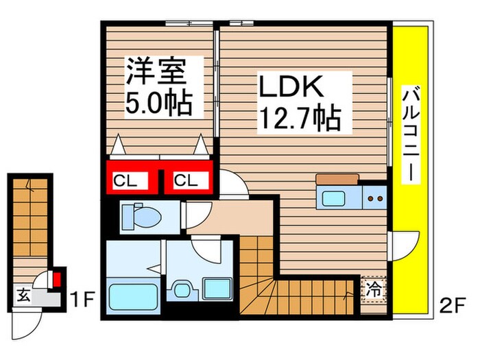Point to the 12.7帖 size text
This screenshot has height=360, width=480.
point(299,120)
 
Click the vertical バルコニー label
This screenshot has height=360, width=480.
point(411,134)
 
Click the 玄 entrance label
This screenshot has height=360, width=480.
point(23,296)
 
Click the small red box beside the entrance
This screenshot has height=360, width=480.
point(57,279)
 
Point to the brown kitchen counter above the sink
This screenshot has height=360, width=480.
point(336,180)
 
